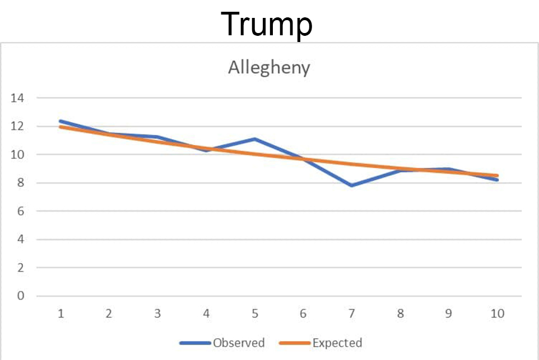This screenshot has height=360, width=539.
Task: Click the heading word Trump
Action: tap(267, 24)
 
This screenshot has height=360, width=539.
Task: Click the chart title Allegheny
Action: tap(269, 68)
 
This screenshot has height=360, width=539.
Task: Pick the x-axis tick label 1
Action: tap(61, 314)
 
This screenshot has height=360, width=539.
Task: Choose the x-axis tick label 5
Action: tap(255, 314)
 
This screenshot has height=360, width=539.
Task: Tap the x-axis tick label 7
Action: tap(352, 314)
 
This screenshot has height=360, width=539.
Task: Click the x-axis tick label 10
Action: tap(498, 314)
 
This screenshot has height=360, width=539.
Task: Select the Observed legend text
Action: tap(238, 343)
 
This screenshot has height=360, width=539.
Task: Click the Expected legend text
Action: tap(337, 343)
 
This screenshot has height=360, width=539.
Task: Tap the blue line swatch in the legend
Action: tap(195, 343)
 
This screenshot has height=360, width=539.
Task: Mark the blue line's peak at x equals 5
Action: tap(255, 139)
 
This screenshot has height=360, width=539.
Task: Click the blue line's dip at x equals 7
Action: tap(352, 185)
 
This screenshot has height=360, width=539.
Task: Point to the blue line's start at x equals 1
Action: tap(61, 121)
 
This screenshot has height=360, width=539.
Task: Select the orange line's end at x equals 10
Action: tap(497, 175)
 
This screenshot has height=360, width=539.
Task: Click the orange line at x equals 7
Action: tap(352, 164)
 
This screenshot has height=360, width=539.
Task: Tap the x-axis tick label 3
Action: tap(157, 314)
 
